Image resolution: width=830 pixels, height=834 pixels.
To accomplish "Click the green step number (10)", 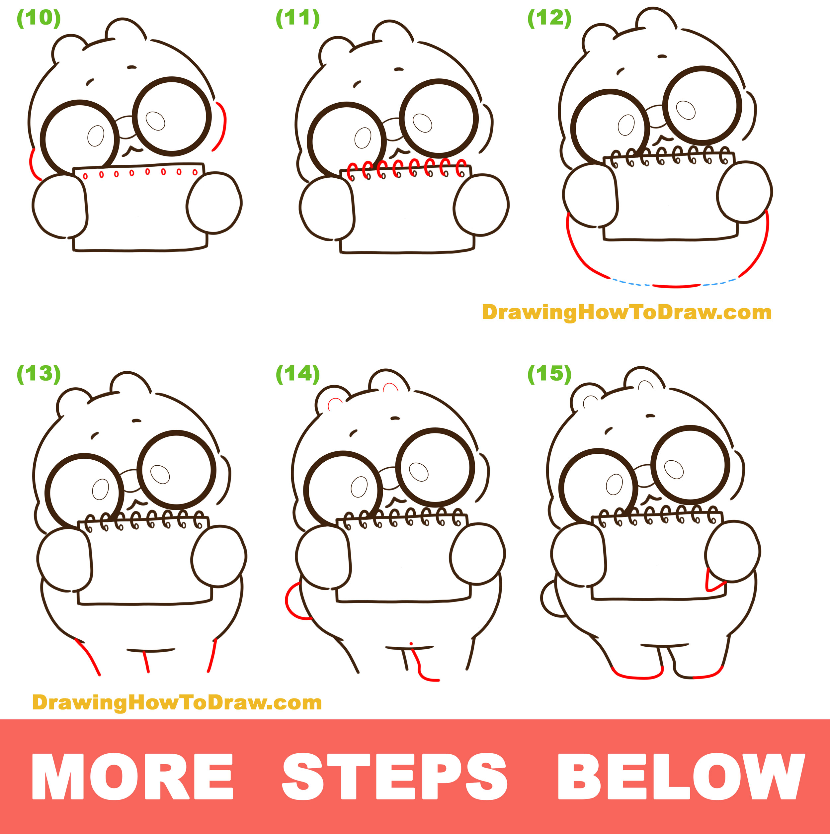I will tap(39, 19).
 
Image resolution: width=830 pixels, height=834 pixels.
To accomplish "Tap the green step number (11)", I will tap(298, 19).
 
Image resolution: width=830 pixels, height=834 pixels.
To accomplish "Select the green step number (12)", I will tap(549, 19).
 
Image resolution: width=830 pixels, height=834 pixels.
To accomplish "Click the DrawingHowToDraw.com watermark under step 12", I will tap(626, 312).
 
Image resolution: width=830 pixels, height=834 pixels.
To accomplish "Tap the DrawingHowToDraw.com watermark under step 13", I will tap(177, 702).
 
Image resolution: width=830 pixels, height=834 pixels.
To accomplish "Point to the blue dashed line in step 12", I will tap(630, 283).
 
